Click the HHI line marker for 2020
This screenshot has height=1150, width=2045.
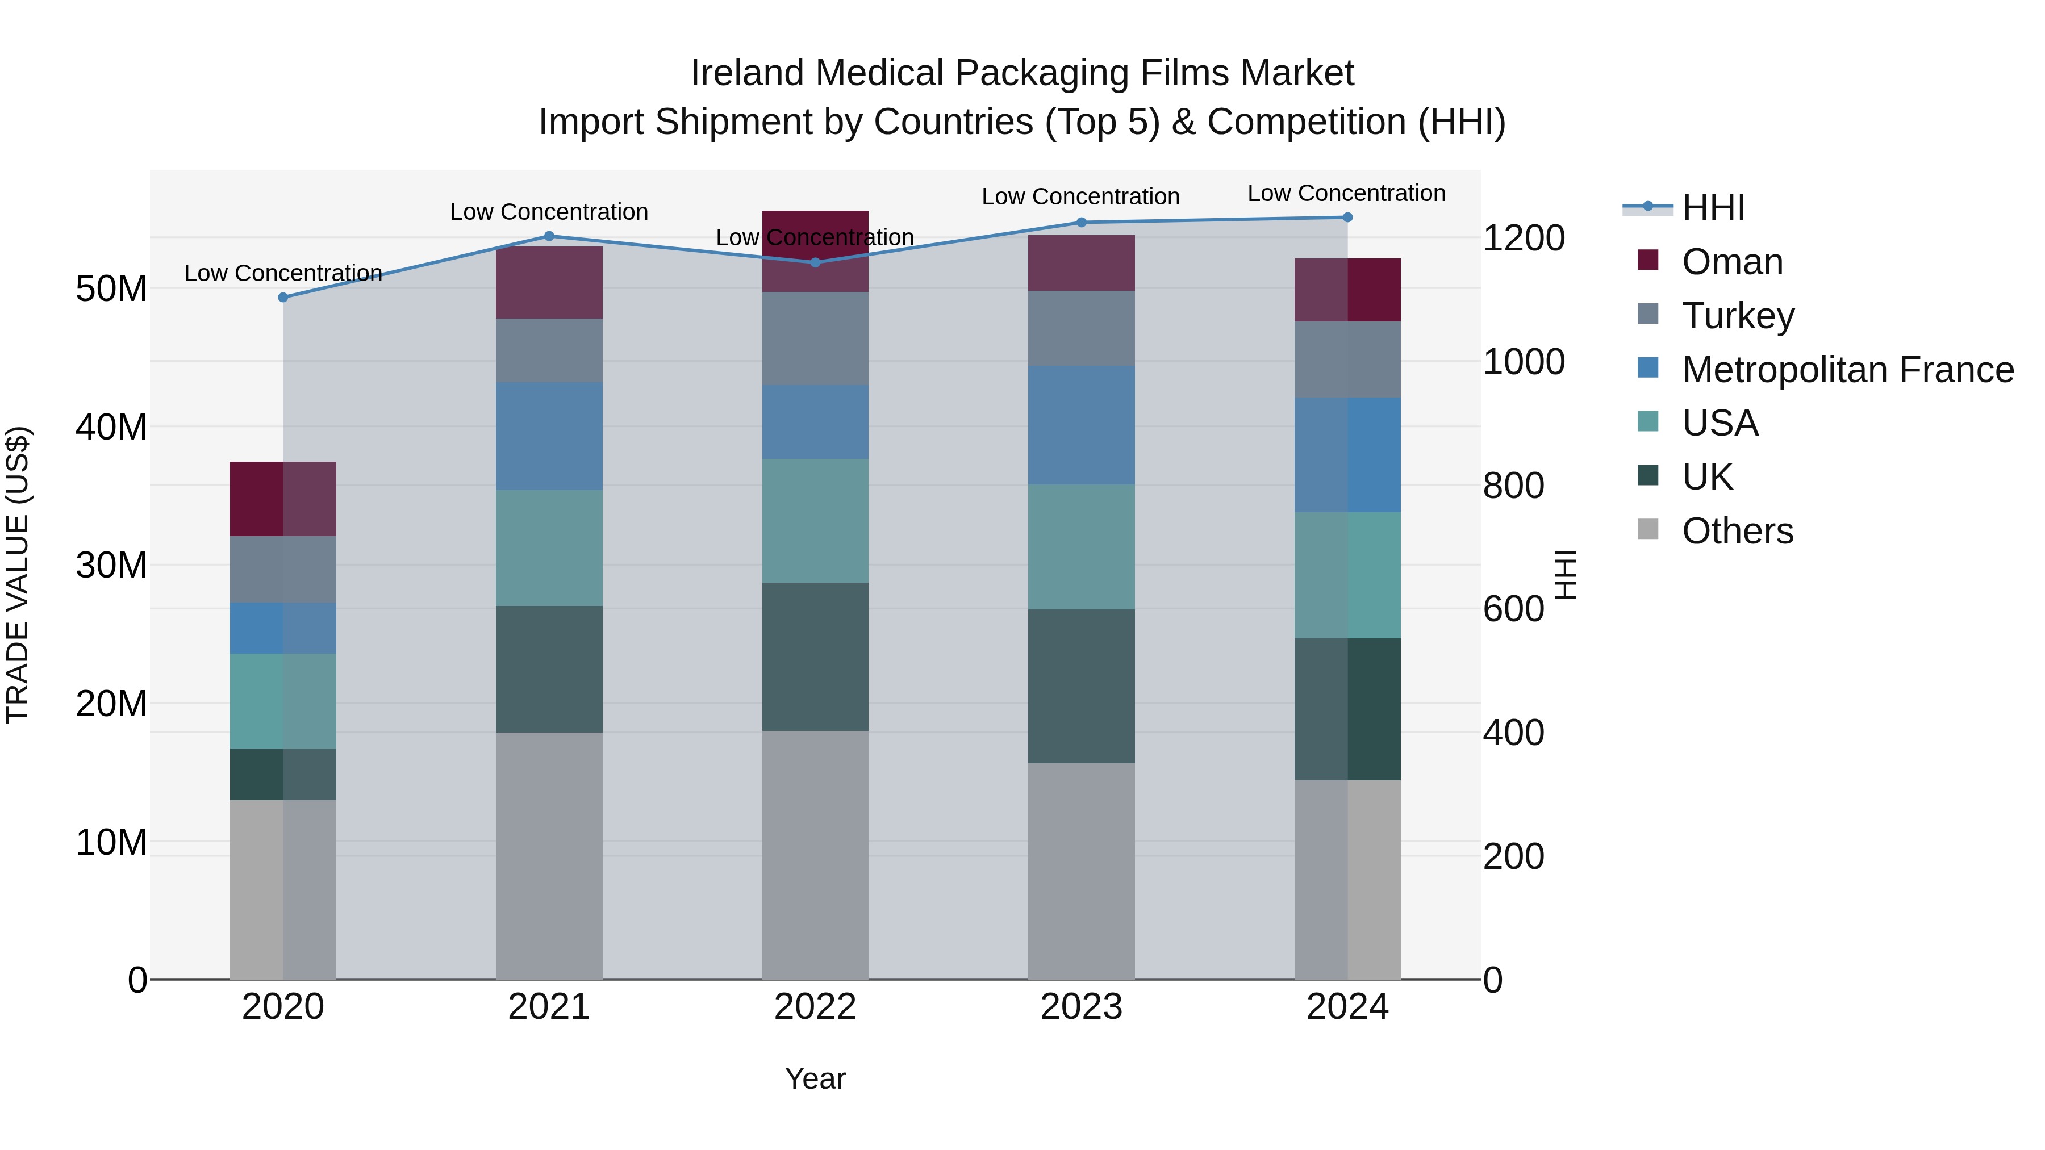(283, 297)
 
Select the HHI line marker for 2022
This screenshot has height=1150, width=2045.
(815, 262)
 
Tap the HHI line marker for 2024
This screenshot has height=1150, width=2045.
(1347, 217)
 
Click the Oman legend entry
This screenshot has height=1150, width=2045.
(1732, 261)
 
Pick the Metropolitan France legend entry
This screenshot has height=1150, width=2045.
(1847, 369)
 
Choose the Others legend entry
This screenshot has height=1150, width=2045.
(1737, 530)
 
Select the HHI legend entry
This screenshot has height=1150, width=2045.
(1713, 207)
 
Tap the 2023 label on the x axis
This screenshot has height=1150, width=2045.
(1081, 1006)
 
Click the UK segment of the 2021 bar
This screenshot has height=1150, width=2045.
(549, 668)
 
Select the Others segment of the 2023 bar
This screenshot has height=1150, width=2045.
(1081, 871)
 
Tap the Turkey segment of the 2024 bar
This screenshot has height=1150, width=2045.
(1347, 359)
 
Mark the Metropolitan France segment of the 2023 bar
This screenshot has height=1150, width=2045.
(1081, 425)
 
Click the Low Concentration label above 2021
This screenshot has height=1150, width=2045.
(549, 212)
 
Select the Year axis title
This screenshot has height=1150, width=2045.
(815, 1078)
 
